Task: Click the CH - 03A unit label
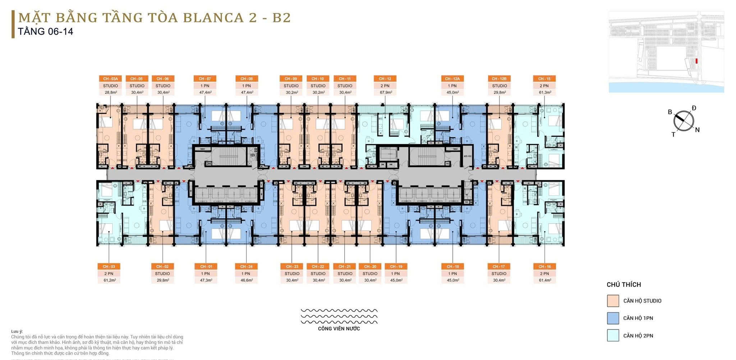pos(110,79)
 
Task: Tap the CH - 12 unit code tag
pos(385,79)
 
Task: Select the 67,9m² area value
pos(385,92)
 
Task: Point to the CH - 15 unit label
pos(544,79)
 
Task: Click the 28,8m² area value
pos(110,92)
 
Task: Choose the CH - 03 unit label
pos(109,267)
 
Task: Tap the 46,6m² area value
pos(246,280)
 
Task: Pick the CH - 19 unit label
pos(396,267)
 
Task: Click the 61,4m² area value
pos(544,280)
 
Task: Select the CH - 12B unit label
pos(499,79)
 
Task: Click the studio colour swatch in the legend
pos(613,301)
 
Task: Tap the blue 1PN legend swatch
pos(613,318)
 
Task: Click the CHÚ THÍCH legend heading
pos(624,285)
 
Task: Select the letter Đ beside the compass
pos(694,108)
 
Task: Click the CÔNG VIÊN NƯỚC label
pos(339,328)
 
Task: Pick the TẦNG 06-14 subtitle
pos(46,32)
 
